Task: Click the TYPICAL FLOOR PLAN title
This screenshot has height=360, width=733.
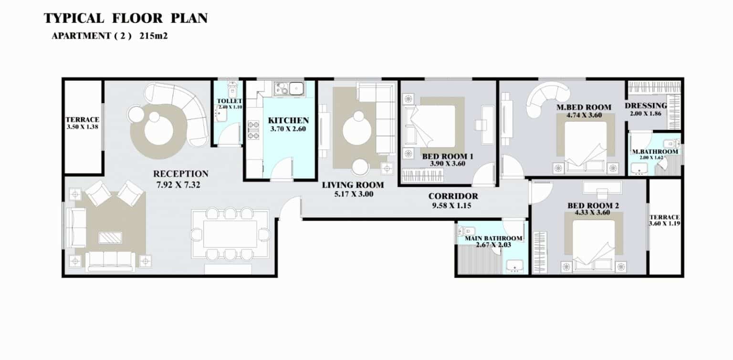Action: (x=126, y=18)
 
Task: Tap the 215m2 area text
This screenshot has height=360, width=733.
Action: (x=154, y=36)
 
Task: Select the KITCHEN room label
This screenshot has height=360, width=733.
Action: (x=288, y=120)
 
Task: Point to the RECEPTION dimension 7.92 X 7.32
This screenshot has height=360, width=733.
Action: (x=178, y=185)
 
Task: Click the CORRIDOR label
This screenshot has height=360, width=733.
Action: (x=453, y=196)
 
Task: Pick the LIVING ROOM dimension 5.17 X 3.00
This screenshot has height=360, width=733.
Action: (x=354, y=194)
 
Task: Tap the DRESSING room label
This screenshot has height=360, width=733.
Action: (x=646, y=106)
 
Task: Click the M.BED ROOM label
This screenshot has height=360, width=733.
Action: (x=584, y=107)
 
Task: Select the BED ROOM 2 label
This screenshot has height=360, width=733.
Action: (x=593, y=205)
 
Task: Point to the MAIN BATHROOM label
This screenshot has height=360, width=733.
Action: (x=493, y=238)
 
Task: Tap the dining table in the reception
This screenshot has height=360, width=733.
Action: (x=230, y=234)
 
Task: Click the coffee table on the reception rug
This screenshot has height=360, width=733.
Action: (x=110, y=237)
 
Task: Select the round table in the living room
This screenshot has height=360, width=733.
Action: (x=357, y=131)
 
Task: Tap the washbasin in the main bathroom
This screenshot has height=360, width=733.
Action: (x=515, y=266)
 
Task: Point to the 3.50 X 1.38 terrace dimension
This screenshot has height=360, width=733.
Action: (x=83, y=127)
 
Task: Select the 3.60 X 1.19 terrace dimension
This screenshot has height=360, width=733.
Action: (x=665, y=223)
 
